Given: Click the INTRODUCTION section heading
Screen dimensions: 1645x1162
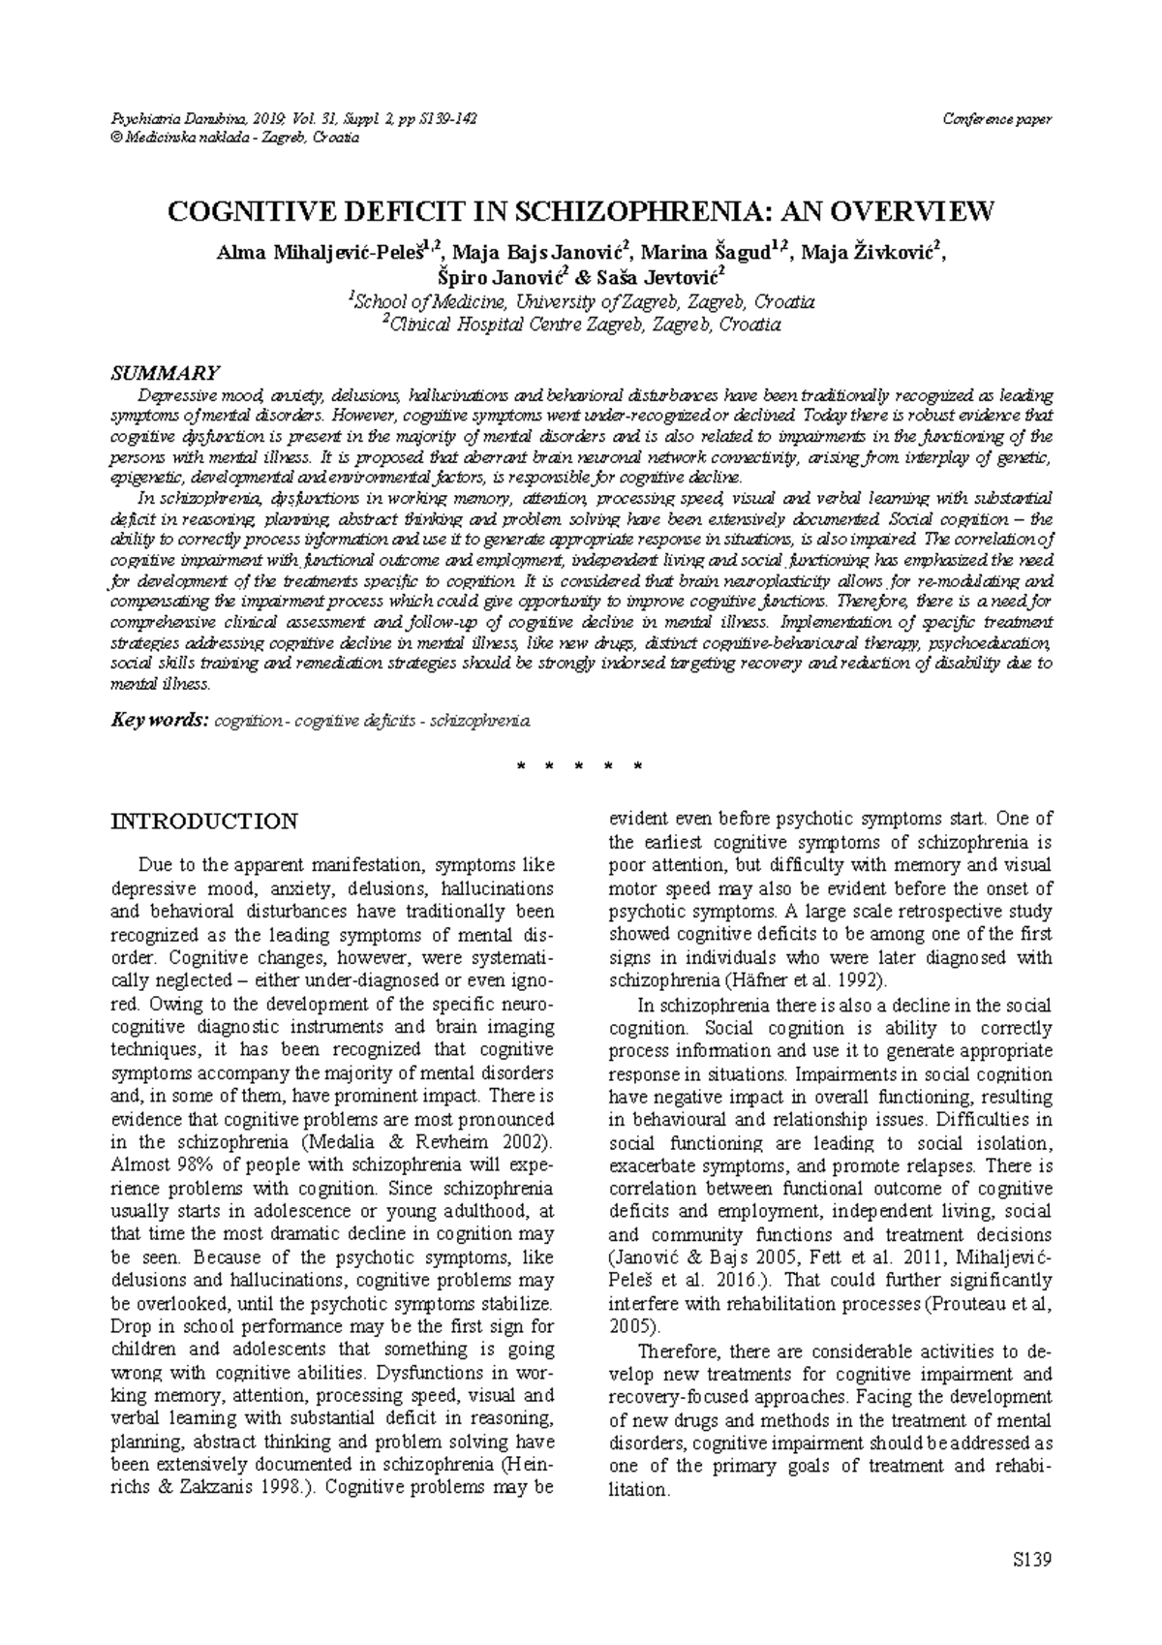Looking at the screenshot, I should pos(204,822).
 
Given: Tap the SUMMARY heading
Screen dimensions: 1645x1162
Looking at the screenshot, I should pos(166,373).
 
